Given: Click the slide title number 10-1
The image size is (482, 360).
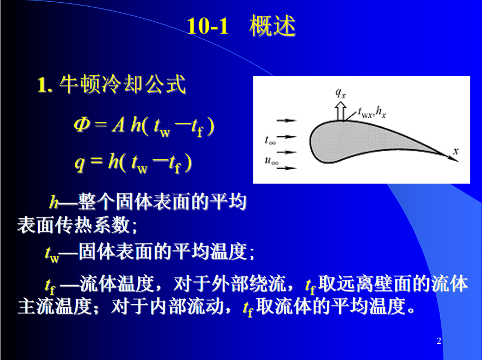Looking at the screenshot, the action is [x=208, y=26].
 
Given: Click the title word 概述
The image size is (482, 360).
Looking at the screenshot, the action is [x=272, y=26].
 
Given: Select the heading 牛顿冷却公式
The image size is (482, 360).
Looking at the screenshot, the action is [x=122, y=84].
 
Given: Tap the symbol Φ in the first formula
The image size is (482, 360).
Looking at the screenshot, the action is [x=82, y=125].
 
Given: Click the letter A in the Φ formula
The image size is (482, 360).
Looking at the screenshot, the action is [x=118, y=125].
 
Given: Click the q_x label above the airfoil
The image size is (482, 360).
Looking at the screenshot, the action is [x=341, y=93].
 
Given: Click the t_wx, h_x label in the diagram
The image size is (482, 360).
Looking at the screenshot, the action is [x=372, y=113].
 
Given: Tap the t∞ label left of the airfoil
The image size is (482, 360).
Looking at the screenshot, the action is [x=271, y=141].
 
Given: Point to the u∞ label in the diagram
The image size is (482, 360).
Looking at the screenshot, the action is [x=272, y=161].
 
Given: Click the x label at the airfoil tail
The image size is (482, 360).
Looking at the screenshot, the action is [x=456, y=151].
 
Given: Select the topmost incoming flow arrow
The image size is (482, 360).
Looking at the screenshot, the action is [x=287, y=121].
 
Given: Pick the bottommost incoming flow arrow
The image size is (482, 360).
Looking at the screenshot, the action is [x=287, y=168].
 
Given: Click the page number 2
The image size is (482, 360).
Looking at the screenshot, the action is [x=438, y=340].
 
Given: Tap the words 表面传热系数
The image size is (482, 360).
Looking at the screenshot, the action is [x=74, y=225].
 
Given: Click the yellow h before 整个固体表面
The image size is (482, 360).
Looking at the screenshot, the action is [x=54, y=202].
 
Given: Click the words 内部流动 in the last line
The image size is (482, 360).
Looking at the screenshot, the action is [x=187, y=306].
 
